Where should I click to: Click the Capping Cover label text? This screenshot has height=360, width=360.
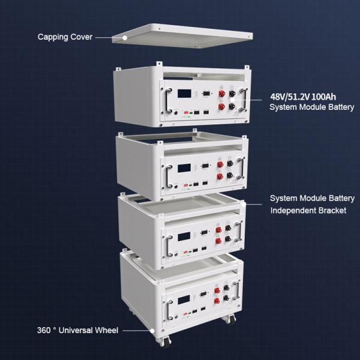tap(65, 37)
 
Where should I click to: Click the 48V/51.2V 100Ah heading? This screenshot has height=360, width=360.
tap(303, 97)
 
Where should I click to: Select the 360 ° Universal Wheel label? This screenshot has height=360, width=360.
tap(77, 331)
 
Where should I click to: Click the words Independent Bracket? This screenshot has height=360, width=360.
tap(308, 211)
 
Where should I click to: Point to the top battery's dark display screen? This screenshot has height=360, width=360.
tap(184, 94)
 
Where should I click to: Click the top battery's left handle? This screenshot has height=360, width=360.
tap(168, 100)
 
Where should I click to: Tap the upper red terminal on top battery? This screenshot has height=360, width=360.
tap(222, 93)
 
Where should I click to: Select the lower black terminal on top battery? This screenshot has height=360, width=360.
tap(232, 106)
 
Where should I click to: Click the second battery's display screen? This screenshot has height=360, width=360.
tap(184, 168)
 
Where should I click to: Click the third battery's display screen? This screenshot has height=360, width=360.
tap(184, 236)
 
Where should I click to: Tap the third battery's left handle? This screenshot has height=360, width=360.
tap(169, 246)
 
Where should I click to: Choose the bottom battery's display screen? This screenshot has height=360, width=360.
tap(184, 300)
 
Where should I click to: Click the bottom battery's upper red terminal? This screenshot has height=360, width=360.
tap(217, 290)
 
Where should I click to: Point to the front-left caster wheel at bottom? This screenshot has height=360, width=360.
tap(165, 341)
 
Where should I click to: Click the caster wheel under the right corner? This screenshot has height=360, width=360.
tap(230, 319)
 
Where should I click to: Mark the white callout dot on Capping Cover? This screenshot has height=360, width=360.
tap(125, 38)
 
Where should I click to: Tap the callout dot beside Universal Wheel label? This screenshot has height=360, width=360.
tap(152, 331)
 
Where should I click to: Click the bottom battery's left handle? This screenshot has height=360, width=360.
tap(170, 310)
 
